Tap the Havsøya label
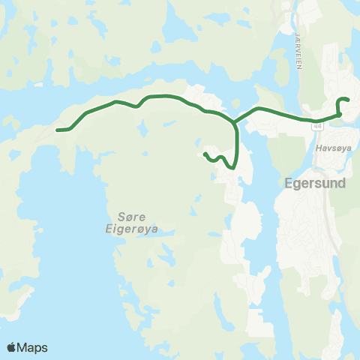329,148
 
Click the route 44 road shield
318,127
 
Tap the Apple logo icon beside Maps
12,347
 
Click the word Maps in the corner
33,347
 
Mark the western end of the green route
58,130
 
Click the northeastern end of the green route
349,100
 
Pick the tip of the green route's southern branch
205,154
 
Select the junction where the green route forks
235,121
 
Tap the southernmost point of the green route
234,169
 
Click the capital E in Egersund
290,181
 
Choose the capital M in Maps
24,347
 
